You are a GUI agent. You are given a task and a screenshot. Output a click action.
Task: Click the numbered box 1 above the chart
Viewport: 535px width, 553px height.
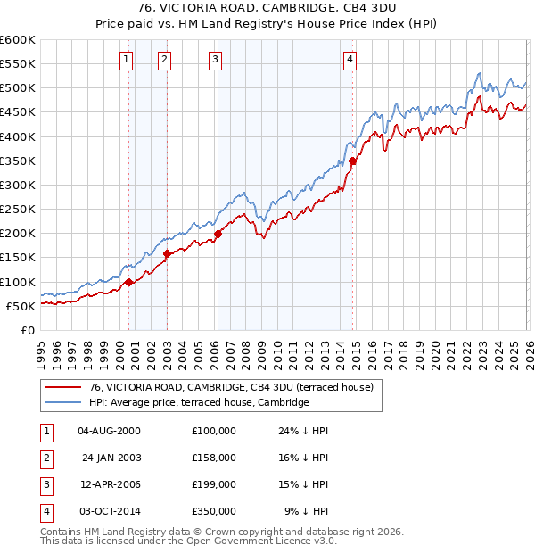coord(126,60)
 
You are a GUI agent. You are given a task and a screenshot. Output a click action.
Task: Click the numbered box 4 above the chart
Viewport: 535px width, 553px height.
coord(350,60)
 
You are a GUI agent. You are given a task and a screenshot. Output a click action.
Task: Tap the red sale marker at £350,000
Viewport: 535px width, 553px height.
coord(352,161)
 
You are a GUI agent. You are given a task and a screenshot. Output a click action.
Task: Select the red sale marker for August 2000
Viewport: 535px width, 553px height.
coord(128,282)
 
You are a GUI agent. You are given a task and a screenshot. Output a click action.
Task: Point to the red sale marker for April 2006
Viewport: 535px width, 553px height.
coord(218,235)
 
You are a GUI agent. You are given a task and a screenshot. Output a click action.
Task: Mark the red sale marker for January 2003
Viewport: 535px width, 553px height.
coord(167,254)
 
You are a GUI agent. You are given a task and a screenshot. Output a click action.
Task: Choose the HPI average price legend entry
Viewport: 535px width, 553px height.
coord(198,403)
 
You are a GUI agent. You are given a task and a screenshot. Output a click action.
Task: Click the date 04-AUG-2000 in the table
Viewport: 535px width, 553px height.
coord(109,431)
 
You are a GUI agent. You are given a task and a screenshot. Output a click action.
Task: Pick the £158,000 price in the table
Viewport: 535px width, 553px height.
coord(213,458)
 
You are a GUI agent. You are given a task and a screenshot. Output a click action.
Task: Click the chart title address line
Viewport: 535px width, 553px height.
coord(267,10)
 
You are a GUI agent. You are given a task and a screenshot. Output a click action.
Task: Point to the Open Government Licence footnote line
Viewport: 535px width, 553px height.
coord(188,541)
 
